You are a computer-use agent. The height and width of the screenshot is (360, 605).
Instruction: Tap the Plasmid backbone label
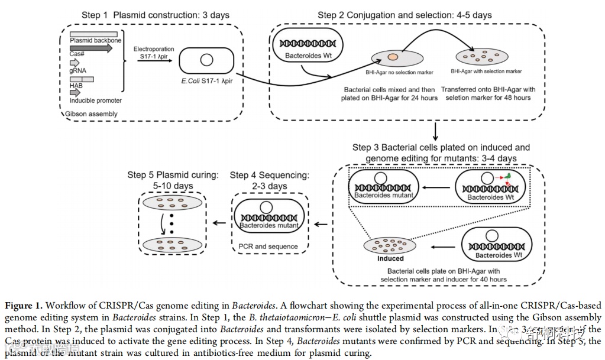tap(95, 41)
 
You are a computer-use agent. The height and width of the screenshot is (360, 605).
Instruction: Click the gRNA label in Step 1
tap(78, 71)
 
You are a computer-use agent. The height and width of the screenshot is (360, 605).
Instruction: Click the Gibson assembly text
tap(92, 113)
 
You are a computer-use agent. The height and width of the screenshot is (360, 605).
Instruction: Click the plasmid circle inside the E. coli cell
tap(207, 60)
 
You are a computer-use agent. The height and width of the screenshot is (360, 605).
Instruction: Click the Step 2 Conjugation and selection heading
tap(405, 15)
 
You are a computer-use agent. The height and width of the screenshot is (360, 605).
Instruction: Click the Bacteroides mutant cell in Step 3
tap(381, 186)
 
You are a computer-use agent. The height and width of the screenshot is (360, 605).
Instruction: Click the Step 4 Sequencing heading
tap(269, 180)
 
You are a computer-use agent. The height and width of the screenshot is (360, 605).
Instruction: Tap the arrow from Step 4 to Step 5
tap(219, 223)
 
